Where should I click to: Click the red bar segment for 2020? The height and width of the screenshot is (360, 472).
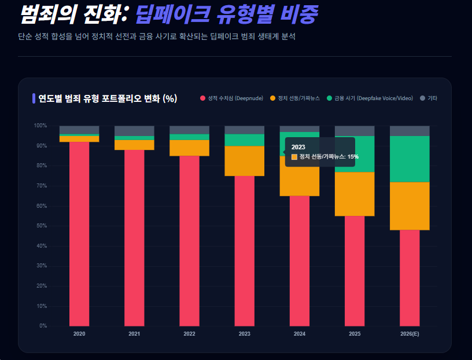click(79, 232)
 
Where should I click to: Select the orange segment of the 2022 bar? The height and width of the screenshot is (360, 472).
click(189, 148)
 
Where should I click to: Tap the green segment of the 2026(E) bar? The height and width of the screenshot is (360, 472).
click(410, 159)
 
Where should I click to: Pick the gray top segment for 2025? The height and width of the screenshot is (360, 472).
click(355, 131)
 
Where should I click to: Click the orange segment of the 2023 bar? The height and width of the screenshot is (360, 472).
click(244, 161)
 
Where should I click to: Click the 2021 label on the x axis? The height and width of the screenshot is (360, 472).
click(134, 334)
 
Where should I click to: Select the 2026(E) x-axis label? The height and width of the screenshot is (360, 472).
click(410, 334)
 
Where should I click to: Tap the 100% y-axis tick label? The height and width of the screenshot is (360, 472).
click(40, 126)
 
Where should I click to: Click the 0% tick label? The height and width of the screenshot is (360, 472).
click(43, 326)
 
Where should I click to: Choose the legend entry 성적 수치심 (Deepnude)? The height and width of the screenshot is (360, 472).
click(231, 98)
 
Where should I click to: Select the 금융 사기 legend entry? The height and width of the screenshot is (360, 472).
click(370, 98)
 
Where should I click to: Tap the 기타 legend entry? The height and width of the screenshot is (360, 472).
click(429, 98)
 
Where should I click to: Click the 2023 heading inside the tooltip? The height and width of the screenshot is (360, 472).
click(298, 147)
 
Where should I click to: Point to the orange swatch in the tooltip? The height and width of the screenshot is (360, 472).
click(294, 157)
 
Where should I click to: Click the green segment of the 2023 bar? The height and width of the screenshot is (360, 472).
click(244, 140)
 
